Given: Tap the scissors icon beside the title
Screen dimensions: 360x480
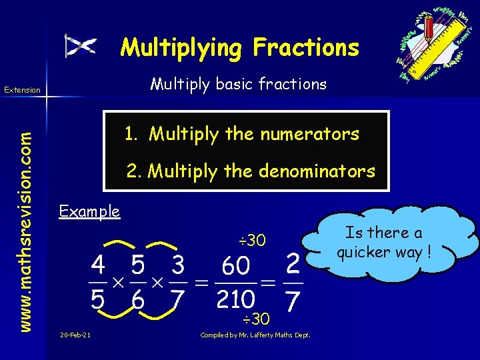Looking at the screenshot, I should (x=81, y=45).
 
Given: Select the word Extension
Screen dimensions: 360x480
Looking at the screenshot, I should (x=23, y=89).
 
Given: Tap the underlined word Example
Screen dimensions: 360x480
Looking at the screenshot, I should (x=89, y=212).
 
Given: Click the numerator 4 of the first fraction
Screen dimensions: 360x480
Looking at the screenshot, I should (x=97, y=266).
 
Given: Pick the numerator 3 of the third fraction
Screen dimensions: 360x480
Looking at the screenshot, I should (x=177, y=266).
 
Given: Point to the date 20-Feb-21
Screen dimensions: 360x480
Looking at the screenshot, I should (x=75, y=334).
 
